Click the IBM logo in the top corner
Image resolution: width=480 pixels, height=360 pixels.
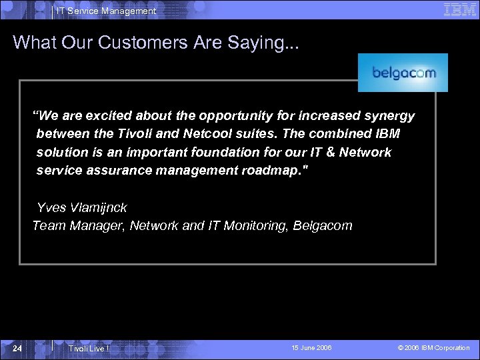tap(459, 9)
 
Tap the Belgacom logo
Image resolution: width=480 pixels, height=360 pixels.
tap(403, 73)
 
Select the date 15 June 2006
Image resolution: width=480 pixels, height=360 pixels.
tap(311, 348)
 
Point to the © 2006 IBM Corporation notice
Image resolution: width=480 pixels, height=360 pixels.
tap(433, 348)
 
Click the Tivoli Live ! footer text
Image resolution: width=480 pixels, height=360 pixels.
tap(88, 348)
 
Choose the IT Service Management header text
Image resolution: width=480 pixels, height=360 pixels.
tap(106, 11)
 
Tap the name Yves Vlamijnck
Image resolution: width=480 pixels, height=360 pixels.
tap(82, 207)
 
